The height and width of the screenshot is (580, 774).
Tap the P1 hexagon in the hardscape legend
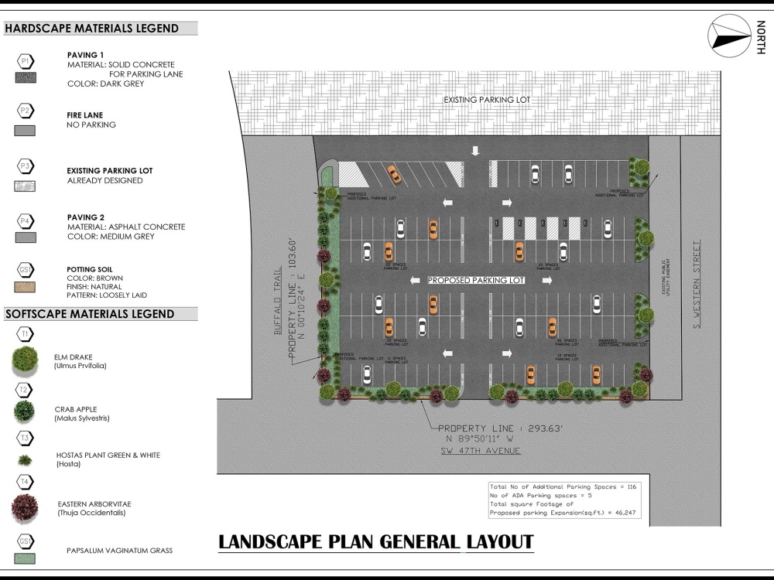point(26,60)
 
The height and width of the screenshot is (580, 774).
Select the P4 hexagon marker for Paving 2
point(26,222)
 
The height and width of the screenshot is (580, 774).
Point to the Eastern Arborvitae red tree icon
point(26,508)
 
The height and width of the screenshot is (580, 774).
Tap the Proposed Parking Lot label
point(476,280)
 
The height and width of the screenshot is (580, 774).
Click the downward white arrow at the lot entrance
point(476,151)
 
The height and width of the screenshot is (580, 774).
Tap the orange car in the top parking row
point(394,174)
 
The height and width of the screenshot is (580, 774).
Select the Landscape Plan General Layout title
point(376,541)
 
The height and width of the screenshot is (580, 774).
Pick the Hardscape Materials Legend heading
point(92,29)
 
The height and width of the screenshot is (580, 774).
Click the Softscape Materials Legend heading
point(90,314)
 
